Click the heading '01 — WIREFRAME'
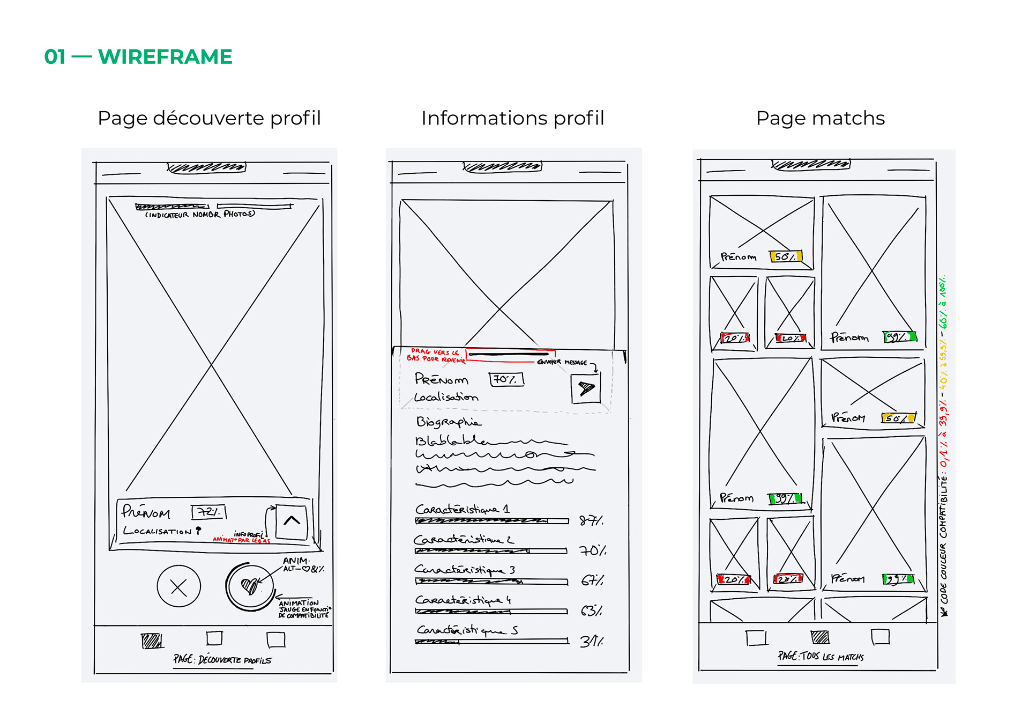click(138, 57)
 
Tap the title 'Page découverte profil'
click(209, 118)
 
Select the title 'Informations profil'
click(512, 118)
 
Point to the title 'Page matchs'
click(820, 118)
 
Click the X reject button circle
click(178, 586)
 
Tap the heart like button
click(249, 586)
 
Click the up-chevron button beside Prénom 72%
click(292, 520)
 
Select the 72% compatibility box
click(208, 512)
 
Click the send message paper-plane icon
click(586, 388)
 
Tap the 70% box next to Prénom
click(506, 379)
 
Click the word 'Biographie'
click(449, 422)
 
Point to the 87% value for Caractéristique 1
click(591, 520)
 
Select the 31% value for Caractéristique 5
click(591, 641)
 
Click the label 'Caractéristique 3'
click(464, 569)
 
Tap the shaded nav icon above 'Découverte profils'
click(152, 641)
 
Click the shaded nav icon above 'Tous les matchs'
click(819, 637)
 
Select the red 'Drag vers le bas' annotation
click(435, 355)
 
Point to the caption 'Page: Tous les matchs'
click(821, 656)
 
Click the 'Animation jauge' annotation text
click(303, 609)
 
